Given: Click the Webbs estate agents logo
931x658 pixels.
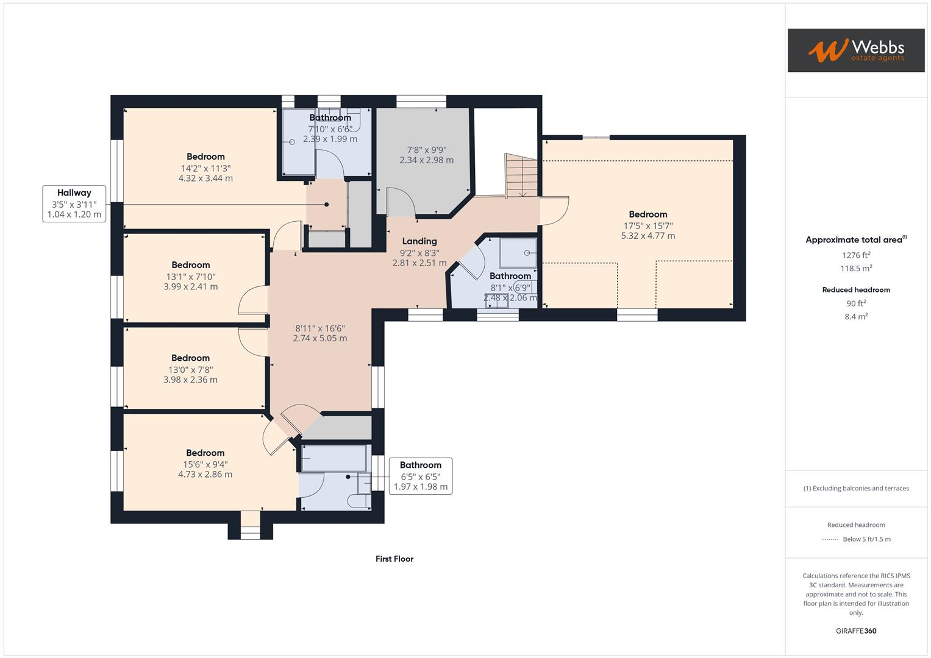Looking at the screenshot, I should coord(855,50).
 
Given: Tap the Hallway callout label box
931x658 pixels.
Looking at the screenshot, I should coord(74,203).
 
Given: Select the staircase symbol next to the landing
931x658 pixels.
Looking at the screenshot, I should coord(522,175).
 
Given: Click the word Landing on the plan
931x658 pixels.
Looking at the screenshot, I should coord(419,241).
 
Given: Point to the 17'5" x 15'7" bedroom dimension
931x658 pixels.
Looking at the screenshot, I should coord(647,225).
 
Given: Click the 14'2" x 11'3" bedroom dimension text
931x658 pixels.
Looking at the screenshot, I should coord(205,168).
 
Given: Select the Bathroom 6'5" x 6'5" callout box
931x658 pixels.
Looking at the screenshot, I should coord(420,476).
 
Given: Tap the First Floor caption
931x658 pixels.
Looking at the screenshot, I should coord(394,559).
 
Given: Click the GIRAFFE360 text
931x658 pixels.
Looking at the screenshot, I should coord(855,631).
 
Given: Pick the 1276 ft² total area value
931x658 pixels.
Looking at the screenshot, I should coord(855,255).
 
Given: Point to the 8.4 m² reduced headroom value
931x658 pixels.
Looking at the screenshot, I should coord(855,316).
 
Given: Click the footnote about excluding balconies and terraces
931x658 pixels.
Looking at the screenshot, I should coord(855,488).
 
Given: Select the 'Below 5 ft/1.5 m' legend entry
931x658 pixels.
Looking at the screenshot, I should coord(855,539).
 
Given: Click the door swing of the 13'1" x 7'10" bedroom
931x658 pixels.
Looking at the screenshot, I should coord(251,302).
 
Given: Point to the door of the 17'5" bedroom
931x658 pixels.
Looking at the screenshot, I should coord(555,210).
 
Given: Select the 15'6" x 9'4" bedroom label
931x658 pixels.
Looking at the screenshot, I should coord(205,453).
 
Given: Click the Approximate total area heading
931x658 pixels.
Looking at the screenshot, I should coord(855,239).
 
